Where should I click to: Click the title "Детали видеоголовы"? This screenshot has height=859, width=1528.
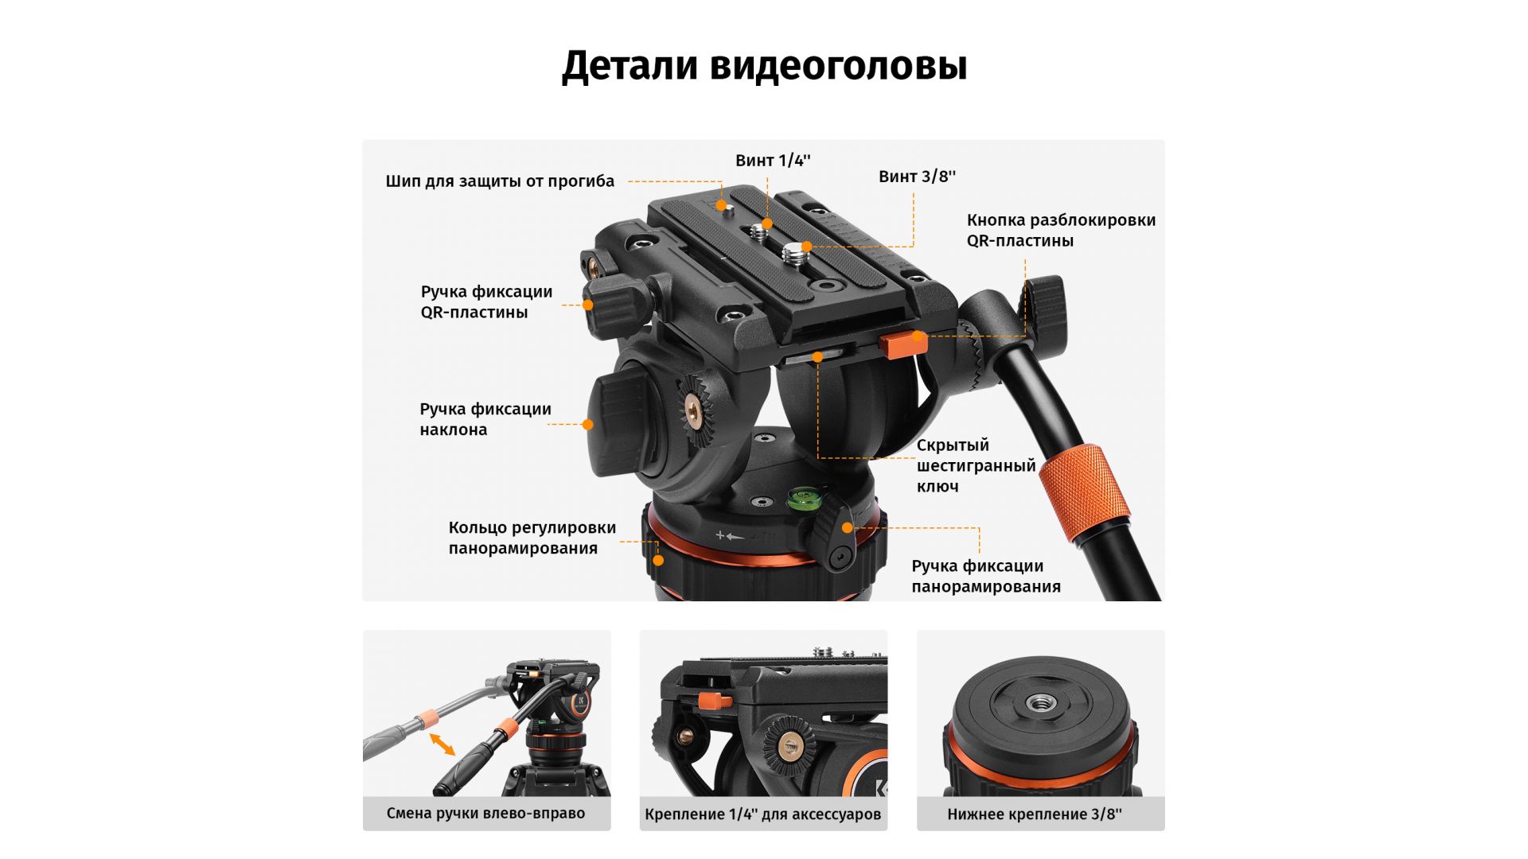point(764,66)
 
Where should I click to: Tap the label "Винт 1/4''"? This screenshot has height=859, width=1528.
point(773,161)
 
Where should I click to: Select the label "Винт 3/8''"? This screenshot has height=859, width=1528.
point(917,177)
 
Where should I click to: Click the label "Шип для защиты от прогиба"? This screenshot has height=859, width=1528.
point(500,181)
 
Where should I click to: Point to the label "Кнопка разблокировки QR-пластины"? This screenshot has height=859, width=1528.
point(1061,231)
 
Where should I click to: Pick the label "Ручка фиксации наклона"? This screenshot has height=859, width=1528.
point(485,419)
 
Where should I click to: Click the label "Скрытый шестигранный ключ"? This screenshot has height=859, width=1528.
point(976,465)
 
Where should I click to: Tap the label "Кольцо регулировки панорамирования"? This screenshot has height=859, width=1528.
point(532,538)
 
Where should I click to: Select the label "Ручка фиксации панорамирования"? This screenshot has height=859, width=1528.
point(986,576)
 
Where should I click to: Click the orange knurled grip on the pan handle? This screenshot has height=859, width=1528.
point(1086,494)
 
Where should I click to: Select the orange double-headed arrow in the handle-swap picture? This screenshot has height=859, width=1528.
point(442,744)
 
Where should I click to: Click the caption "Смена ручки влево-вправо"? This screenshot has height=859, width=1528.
point(485,814)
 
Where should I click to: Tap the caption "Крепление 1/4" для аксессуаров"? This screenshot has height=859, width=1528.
point(763,814)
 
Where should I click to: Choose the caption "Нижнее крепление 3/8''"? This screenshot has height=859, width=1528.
point(1035,814)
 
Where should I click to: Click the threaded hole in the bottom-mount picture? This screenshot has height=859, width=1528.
point(1039,702)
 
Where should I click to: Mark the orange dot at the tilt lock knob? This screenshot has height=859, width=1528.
point(587,425)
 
